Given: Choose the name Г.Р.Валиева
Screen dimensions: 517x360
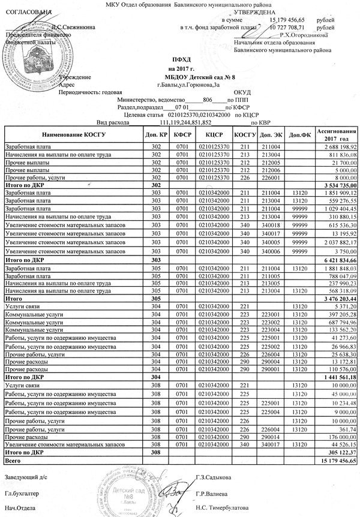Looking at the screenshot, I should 213,493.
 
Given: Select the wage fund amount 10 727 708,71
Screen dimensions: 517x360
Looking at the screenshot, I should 283,28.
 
